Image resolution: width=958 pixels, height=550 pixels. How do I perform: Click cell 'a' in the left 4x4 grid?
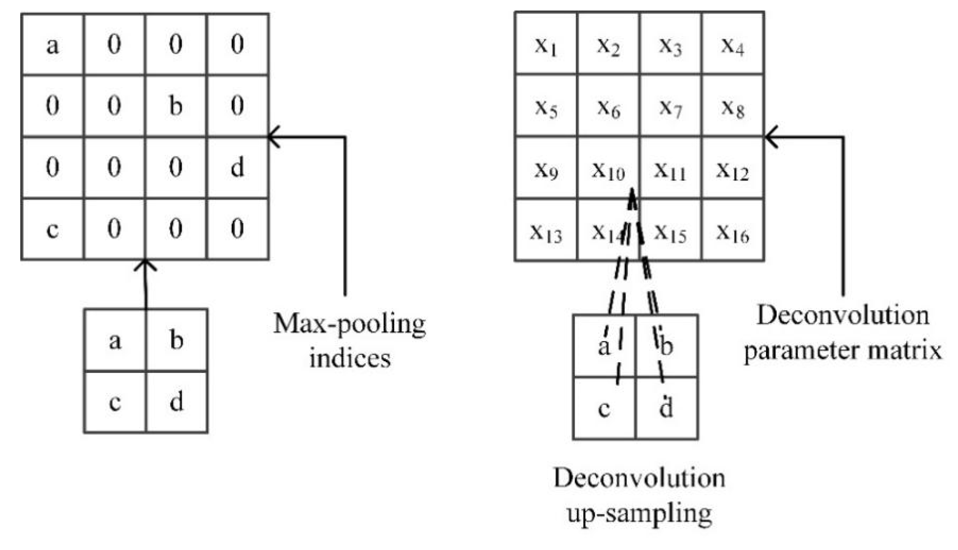coord(53,44)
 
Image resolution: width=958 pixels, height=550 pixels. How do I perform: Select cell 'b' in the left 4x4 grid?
coord(176,106)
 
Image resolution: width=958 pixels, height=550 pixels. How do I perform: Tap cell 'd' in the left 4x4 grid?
coord(237,167)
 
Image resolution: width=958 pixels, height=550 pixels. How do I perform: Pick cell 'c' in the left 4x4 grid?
coord(53,229)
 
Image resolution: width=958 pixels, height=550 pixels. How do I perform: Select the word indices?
coord(350,358)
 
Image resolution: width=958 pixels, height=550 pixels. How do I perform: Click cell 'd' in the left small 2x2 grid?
coord(176,402)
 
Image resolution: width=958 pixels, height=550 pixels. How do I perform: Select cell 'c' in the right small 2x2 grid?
coord(604,409)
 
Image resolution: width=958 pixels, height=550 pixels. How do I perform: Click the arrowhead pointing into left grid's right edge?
coord(272,137)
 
